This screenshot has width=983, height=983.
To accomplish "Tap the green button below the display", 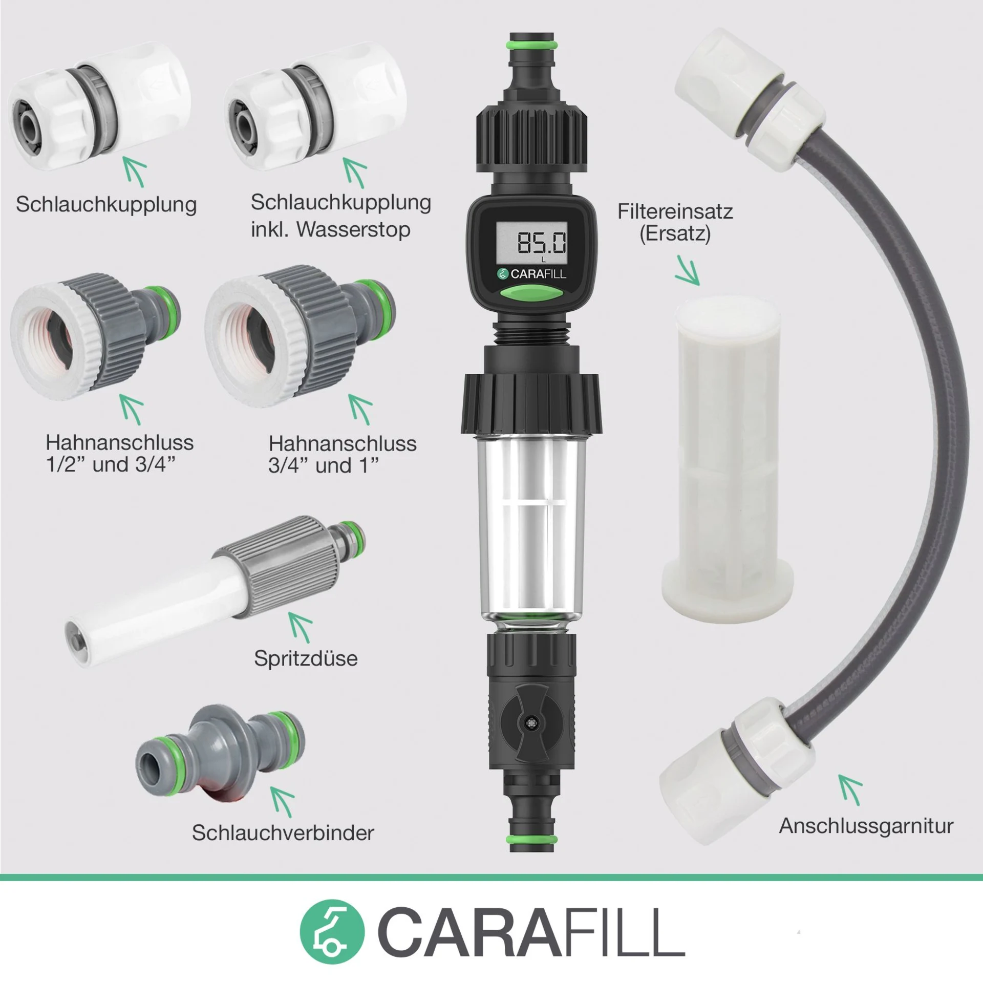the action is pyautogui.click(x=532, y=294).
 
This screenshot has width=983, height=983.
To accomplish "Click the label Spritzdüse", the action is pyautogui.click(x=306, y=658).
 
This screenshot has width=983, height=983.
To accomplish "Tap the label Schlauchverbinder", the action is pyautogui.click(x=283, y=833).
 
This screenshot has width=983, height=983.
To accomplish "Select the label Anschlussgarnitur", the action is pyautogui.click(x=866, y=826).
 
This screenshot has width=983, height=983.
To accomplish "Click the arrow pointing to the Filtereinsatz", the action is pyautogui.click(x=688, y=270).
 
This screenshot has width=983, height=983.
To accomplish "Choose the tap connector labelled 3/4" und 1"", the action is pyautogui.click(x=300, y=335).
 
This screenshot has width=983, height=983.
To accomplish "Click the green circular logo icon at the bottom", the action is pyautogui.click(x=332, y=932).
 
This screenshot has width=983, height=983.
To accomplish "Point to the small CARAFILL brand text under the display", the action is pyautogui.click(x=532, y=274).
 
